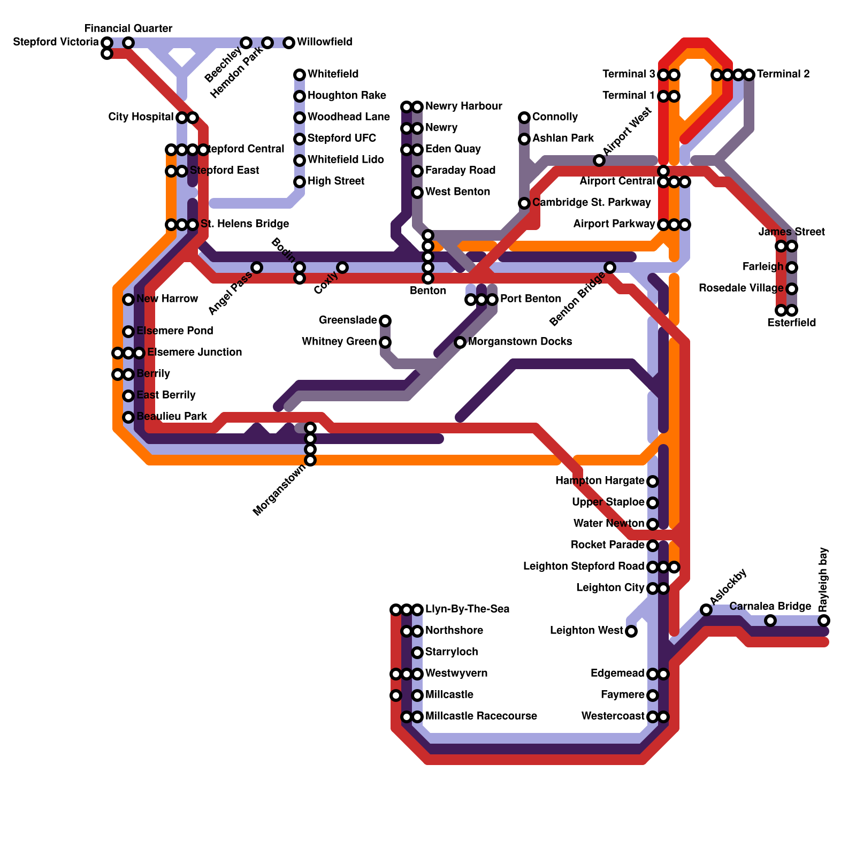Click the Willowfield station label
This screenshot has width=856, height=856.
pyautogui.click(x=324, y=42)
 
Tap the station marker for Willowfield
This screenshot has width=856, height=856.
pyautogui.click(x=289, y=42)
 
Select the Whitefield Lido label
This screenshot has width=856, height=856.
pyautogui.click(x=346, y=159)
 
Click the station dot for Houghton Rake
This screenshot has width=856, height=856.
pyautogui.click(x=300, y=96)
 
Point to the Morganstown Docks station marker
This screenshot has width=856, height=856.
pyautogui.click(x=460, y=342)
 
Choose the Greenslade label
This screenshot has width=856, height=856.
pyautogui.click(x=348, y=320)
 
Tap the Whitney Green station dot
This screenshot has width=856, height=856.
pyautogui.click(x=385, y=342)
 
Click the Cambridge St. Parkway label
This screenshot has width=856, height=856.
pyautogui.click(x=591, y=202)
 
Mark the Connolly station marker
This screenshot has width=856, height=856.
pyautogui.click(x=524, y=118)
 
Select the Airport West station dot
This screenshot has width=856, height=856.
pyautogui.click(x=599, y=160)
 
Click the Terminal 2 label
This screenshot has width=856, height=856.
pyautogui.click(x=783, y=74)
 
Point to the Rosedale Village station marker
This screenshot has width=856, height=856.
pyautogui.click(x=792, y=289)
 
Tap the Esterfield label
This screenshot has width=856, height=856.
pyautogui.click(x=791, y=323)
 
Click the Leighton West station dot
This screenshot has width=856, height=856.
pyautogui.click(x=631, y=631)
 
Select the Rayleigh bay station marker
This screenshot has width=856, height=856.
pyautogui.click(x=824, y=621)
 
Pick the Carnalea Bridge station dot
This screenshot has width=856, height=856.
pyautogui.click(x=770, y=621)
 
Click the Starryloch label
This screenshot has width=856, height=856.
pyautogui.click(x=452, y=652)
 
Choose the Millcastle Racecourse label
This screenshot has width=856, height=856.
pyautogui.click(x=481, y=716)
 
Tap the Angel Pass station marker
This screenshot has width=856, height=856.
pyautogui.click(x=257, y=267)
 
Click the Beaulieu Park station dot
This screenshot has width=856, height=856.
pyautogui.click(x=128, y=417)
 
